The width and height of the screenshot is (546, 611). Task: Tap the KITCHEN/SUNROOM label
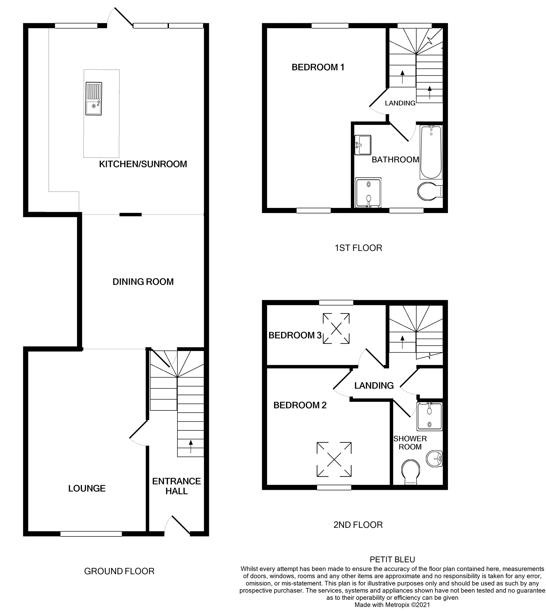coord(143,164)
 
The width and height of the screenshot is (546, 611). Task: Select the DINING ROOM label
coord(143,282)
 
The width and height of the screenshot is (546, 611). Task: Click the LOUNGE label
coord(87,488)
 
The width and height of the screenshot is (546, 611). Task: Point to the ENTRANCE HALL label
coord(176,486)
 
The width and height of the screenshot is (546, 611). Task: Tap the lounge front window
coord(91,534)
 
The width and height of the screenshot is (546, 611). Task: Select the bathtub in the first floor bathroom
coord(431,152)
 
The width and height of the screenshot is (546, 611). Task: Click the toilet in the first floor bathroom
coord(428,191)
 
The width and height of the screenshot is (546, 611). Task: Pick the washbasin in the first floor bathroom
coord(363,145)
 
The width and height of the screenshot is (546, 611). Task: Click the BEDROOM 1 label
coord(318,67)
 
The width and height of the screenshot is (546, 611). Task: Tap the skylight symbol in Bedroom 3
coord(336,328)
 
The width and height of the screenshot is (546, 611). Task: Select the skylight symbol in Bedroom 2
coord(334,459)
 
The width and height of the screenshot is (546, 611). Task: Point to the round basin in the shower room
coord(434,459)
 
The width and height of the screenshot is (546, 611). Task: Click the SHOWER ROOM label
coord(410,443)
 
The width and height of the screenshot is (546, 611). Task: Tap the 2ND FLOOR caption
coord(358,525)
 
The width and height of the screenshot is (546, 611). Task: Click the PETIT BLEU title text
coord(392,559)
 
